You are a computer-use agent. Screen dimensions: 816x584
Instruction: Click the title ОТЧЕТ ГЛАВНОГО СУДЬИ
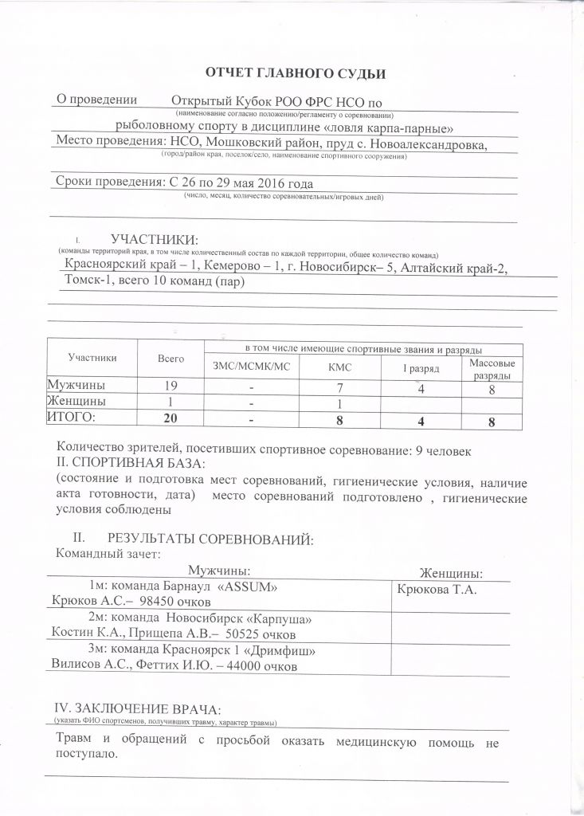click(296, 74)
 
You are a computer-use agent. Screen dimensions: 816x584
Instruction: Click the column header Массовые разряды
click(492, 368)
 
